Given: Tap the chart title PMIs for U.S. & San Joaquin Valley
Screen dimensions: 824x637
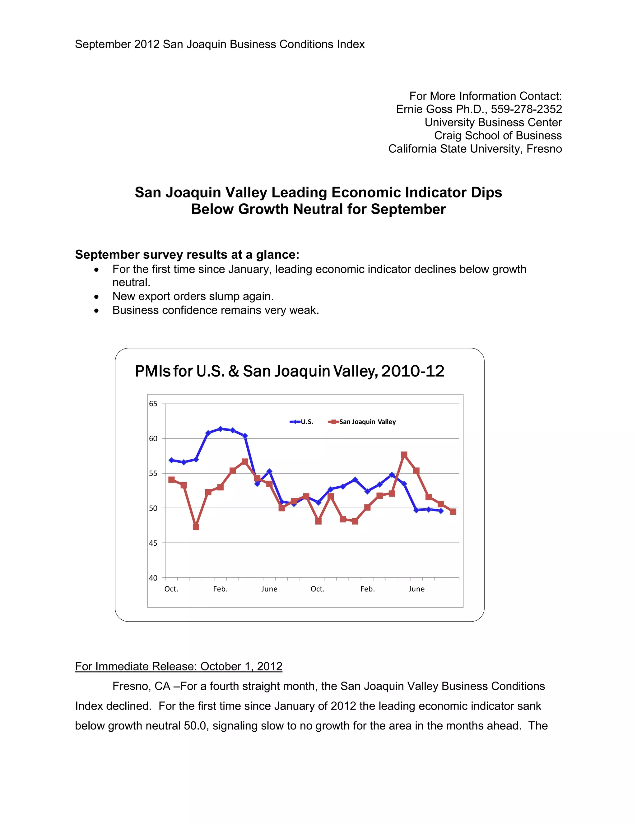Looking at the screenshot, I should pyautogui.click(x=290, y=371).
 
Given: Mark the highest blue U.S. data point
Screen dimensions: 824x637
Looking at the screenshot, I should pyautogui.click(x=221, y=428).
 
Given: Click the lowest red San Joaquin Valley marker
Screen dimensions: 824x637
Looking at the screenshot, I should pyautogui.click(x=196, y=527).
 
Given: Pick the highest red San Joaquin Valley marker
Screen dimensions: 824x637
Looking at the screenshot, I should pyautogui.click(x=404, y=455).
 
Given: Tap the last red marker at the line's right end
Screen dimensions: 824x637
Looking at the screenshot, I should pyautogui.click(x=453, y=512).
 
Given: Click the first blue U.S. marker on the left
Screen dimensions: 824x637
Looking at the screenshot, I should pyautogui.click(x=171, y=460).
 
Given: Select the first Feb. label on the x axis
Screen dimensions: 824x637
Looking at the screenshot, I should pyautogui.click(x=221, y=589).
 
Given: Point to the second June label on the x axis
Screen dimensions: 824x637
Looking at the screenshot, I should pyautogui.click(x=416, y=589).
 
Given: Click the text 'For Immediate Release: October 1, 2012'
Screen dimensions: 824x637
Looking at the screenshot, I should pyautogui.click(x=179, y=666).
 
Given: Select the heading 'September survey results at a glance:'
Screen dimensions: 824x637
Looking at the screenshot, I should pyautogui.click(x=187, y=255).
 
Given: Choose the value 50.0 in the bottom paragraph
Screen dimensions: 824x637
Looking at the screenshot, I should pyautogui.click(x=196, y=725).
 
